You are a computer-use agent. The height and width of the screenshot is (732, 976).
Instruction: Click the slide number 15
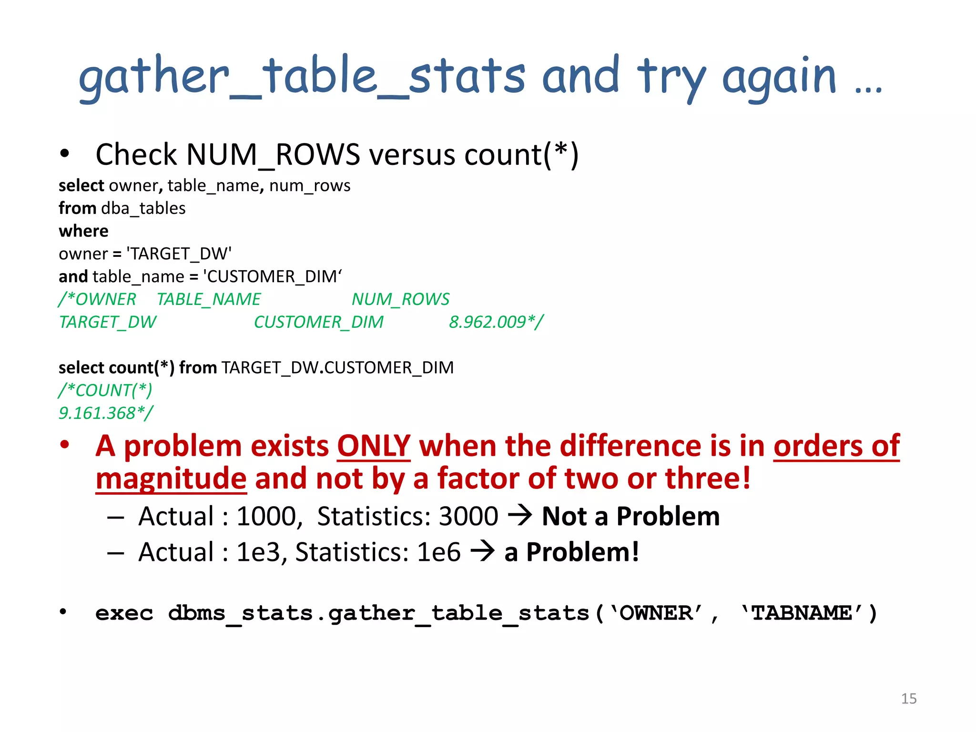908,699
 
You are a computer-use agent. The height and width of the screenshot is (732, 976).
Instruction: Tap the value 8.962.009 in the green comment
488,322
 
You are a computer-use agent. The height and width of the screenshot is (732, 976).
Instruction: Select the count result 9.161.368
97,413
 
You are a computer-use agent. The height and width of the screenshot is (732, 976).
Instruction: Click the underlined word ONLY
374,447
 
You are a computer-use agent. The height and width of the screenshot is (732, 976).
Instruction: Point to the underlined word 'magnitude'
171,479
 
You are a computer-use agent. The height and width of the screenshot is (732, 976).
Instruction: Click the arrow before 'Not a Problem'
520,515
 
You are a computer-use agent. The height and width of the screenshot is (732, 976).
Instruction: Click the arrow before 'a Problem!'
483,551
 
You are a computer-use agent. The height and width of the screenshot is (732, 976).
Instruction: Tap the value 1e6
438,552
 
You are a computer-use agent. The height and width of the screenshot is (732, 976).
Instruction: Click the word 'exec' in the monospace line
124,613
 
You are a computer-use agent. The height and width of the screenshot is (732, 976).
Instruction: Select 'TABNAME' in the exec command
801,613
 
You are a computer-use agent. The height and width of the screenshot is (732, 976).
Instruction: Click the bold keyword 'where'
83,231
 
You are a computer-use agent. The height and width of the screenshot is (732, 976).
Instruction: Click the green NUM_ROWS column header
400,299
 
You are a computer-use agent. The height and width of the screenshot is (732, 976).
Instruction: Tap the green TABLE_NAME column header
209,299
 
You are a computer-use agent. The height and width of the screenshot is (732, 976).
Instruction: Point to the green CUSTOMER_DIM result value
318,322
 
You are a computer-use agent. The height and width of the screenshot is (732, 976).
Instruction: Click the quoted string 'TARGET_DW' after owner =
179,254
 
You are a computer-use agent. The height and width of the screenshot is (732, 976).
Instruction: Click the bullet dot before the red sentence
65,445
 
